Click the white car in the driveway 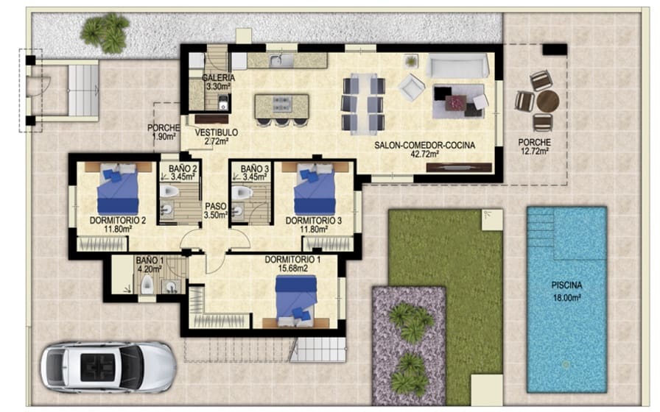click(108, 366)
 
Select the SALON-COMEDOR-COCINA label click(424, 150)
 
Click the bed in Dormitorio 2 click(117, 189)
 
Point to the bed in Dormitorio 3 click(315, 189)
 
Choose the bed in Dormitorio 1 click(295, 299)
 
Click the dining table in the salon click(362, 103)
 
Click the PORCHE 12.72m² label click(536, 147)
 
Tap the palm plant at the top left click(105, 32)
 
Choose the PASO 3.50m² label click(215, 211)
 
